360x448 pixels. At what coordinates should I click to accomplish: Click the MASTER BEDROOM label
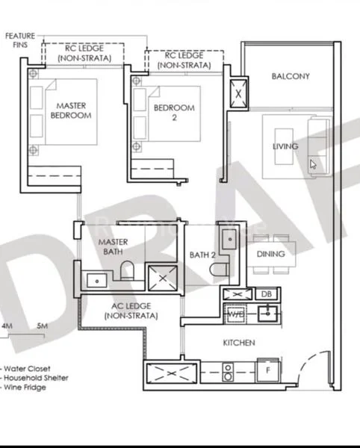(71, 111)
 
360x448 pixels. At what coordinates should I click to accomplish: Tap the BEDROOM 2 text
(173, 112)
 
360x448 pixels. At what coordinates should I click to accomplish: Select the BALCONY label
(291, 76)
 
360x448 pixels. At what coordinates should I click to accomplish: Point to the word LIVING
(285, 146)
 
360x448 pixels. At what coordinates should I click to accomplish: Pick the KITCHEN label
(240, 343)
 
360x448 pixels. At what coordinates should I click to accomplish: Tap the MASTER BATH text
(113, 247)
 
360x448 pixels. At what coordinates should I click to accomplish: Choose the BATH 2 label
(202, 255)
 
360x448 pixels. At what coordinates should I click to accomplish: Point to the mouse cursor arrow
(313, 164)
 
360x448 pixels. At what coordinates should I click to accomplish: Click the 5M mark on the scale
(42, 327)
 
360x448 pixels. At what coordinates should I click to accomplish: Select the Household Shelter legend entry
(37, 378)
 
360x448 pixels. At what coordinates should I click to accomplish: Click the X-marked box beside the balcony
(239, 94)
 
